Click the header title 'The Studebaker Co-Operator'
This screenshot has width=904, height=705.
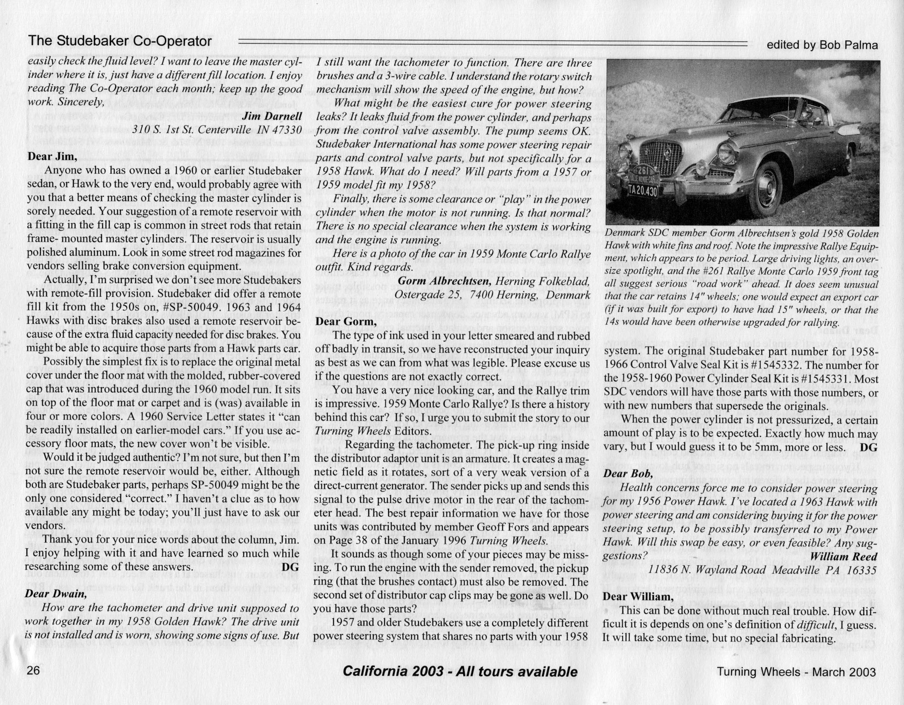[x=119, y=41]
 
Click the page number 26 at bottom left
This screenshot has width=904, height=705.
[x=33, y=671]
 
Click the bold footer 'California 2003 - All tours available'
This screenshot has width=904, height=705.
[x=460, y=671]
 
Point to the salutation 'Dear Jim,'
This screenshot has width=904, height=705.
[x=52, y=156]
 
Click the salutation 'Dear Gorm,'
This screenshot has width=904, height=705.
[x=346, y=321]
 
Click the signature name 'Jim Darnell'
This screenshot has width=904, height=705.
[x=272, y=116]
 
